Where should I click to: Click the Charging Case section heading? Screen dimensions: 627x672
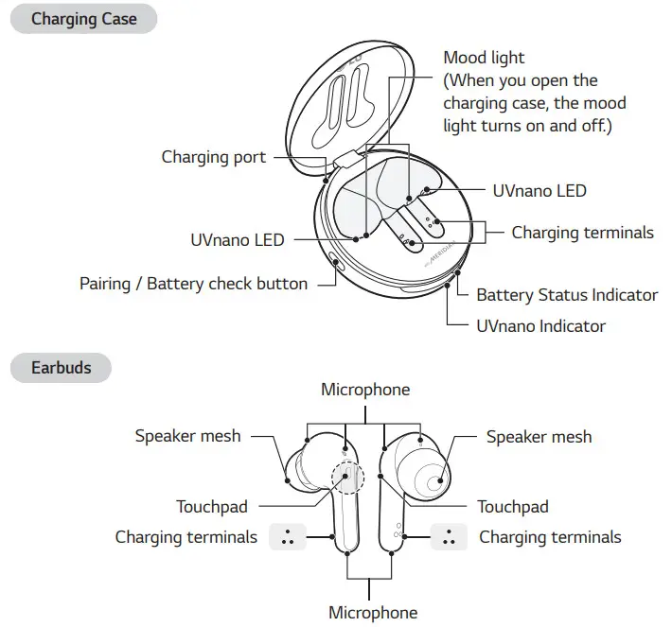[x=83, y=19]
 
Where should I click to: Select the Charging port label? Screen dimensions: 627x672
[x=213, y=157]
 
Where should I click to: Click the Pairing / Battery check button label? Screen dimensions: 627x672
[x=193, y=283]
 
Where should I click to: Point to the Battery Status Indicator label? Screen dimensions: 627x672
[x=566, y=295]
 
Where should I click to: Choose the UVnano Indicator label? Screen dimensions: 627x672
[x=540, y=326]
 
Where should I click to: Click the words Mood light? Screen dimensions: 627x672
[x=484, y=59]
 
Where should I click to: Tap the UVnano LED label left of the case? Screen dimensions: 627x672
[x=237, y=240]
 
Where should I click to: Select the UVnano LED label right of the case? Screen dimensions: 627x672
[x=539, y=191]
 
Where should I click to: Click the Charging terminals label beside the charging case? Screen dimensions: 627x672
[x=582, y=232]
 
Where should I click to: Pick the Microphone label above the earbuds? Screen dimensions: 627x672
[x=365, y=390]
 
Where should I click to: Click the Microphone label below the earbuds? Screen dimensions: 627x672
[x=372, y=612]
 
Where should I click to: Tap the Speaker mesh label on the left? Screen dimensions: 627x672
[x=187, y=436]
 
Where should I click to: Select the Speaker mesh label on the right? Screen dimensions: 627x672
[x=539, y=436]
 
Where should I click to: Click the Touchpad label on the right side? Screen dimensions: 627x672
[x=512, y=507]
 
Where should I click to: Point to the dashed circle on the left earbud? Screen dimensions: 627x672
[x=346, y=477]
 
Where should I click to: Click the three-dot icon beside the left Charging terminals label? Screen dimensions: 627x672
[x=287, y=537]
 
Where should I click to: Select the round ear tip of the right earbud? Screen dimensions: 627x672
[x=434, y=481]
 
